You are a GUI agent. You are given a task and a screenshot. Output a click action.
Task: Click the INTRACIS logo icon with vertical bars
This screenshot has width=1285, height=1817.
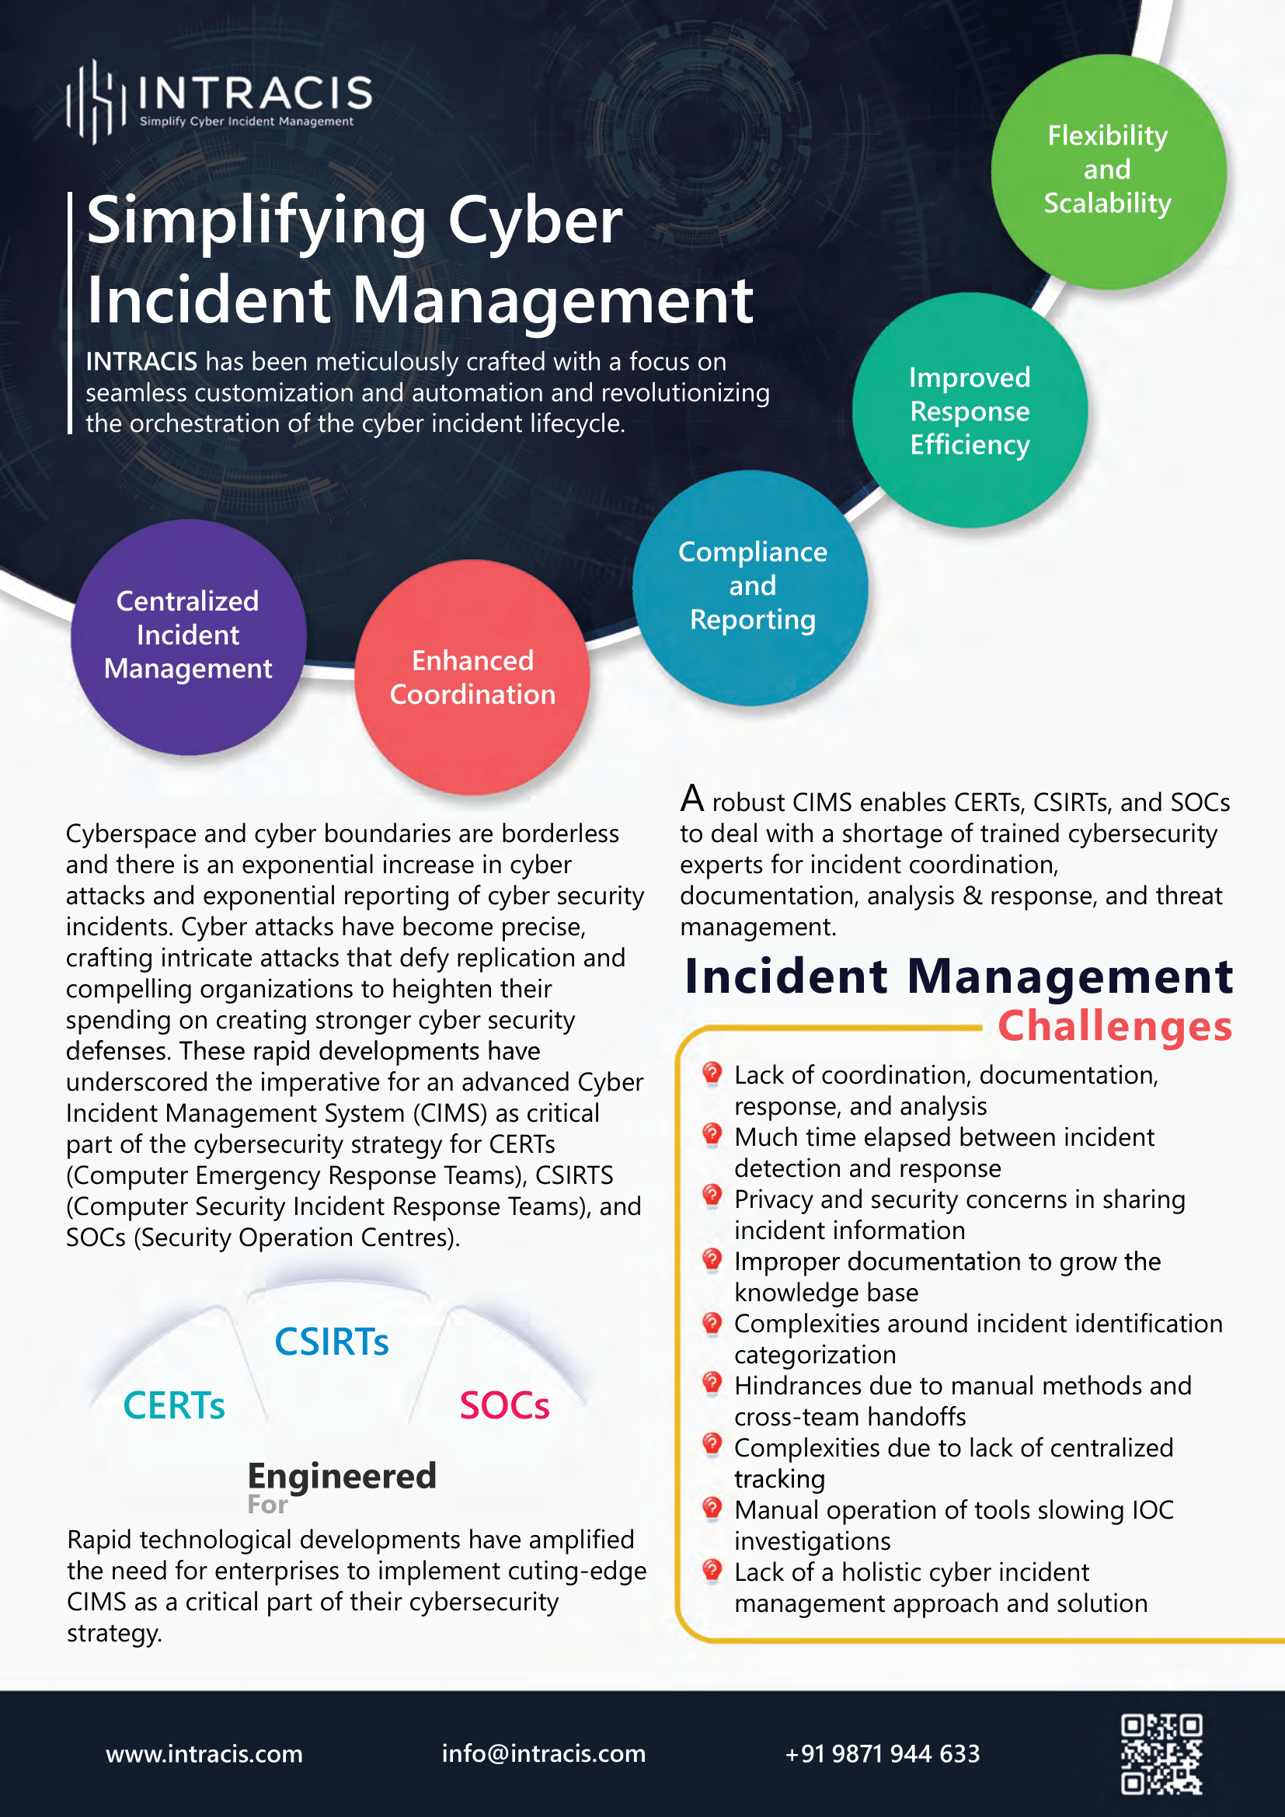coord(96,102)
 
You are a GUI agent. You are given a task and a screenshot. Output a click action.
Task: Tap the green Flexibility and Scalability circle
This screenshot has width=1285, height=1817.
coord(1108,170)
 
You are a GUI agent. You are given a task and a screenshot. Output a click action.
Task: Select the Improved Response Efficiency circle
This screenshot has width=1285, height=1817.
coord(970,411)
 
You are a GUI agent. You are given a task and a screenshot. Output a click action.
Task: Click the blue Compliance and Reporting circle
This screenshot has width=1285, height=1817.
coord(752,587)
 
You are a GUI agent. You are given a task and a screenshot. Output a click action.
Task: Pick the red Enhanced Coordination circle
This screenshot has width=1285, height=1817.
coord(472,677)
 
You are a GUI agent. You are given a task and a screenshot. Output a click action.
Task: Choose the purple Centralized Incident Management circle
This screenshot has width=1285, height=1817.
coord(188,635)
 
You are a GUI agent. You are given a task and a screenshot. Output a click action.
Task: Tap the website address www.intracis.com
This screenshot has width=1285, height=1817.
coord(204,1754)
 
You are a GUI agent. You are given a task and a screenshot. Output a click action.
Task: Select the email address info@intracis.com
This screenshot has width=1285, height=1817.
coord(544,1754)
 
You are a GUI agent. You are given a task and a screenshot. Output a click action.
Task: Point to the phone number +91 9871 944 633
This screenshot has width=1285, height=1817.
coord(883,1754)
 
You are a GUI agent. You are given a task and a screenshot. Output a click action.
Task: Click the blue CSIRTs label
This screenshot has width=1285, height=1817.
coord(332,1342)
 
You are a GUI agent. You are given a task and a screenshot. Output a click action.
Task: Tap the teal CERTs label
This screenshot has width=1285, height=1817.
coord(174,1406)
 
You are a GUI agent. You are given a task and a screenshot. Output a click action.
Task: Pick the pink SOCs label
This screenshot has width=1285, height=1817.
coord(504,1406)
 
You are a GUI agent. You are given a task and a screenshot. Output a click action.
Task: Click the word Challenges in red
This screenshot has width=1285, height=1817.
coord(1114,1025)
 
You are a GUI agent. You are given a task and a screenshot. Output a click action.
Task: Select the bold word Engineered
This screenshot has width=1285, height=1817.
coord(342,1476)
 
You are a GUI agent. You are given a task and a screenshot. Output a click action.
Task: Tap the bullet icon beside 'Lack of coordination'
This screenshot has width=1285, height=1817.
coord(712,1073)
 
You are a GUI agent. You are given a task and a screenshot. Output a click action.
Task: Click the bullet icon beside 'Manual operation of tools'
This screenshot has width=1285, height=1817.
coord(712,1508)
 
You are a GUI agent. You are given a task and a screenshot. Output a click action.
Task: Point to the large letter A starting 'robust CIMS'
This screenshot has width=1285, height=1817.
coord(691,799)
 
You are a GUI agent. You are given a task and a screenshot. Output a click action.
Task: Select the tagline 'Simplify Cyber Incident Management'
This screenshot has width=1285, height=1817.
coord(246,122)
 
